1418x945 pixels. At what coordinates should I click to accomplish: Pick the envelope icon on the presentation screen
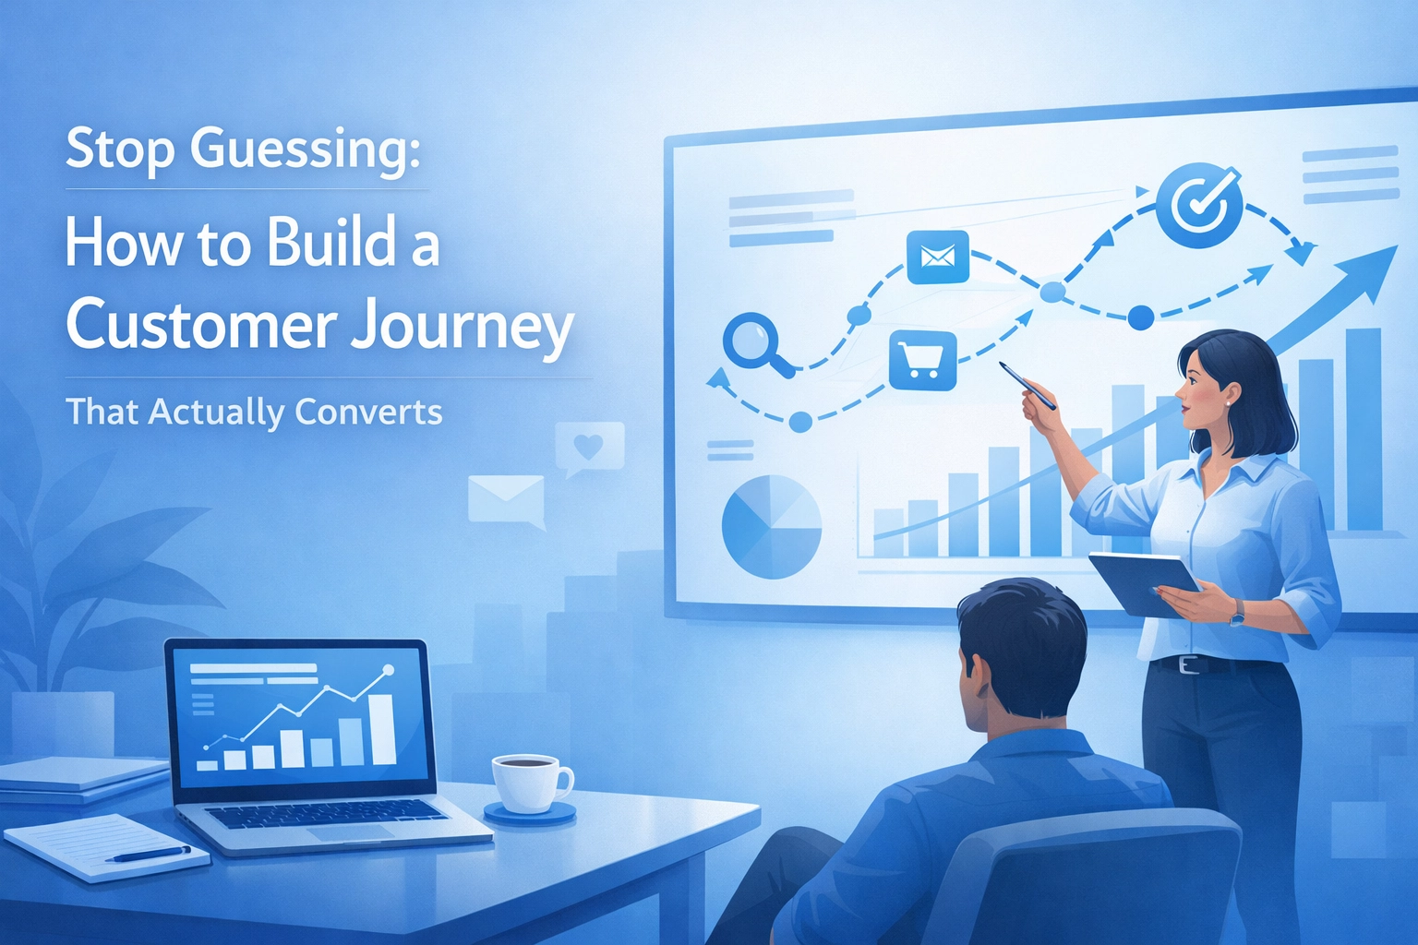pos(937,257)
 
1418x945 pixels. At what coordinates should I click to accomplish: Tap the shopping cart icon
pos(922,361)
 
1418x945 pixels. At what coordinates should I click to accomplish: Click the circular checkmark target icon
pos(1198,201)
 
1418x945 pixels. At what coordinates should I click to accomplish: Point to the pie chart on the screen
pos(771,527)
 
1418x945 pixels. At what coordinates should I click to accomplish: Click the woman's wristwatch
pos(1236,611)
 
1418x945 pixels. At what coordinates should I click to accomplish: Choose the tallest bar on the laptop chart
pos(382,729)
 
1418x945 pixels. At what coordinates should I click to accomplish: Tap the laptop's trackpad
pos(350,832)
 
